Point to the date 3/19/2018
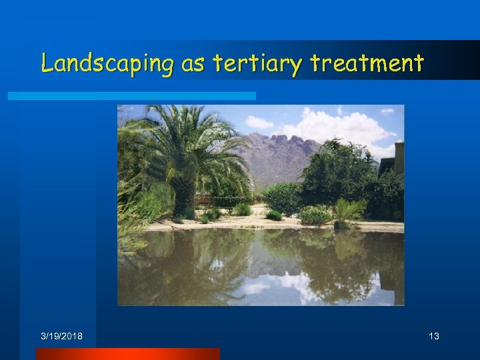(x=61, y=337)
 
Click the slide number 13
(x=434, y=337)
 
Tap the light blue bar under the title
(x=131, y=96)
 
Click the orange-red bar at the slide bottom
(x=127, y=353)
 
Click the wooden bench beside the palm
(x=205, y=201)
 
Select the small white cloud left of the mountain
(x=259, y=123)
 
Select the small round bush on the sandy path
(x=274, y=215)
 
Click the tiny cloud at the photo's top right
(x=387, y=111)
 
